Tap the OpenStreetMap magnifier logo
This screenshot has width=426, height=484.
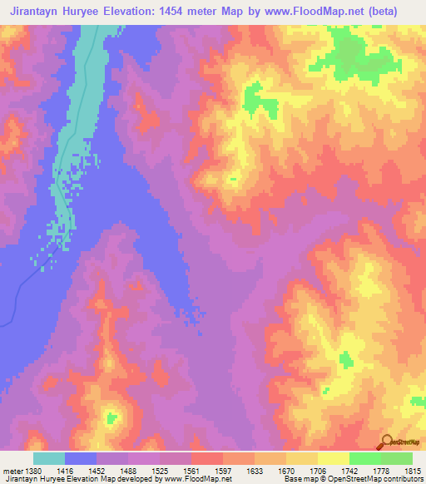pyautogui.click(x=385, y=442)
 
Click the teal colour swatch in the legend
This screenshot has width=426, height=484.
pyautogui.click(x=48, y=458)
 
